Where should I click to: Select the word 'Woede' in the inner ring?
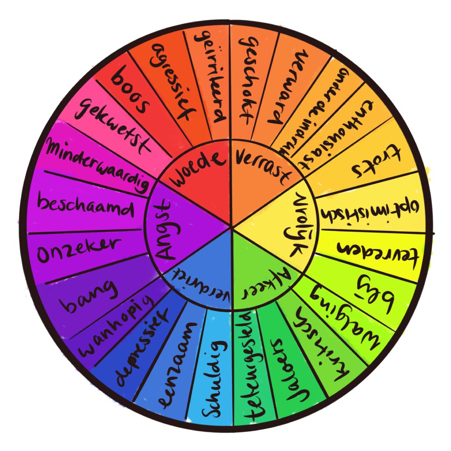[x=196, y=170]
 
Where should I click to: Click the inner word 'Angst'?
[x=163, y=229]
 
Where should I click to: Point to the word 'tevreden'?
[x=377, y=253]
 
